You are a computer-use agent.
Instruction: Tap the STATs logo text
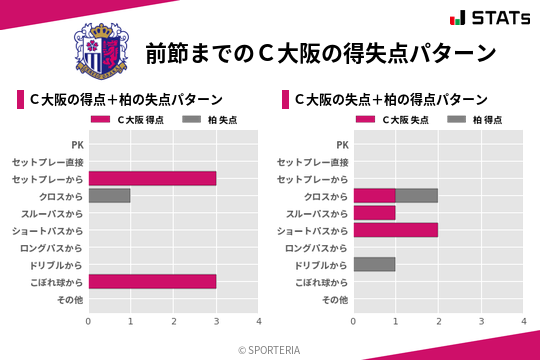[497, 18]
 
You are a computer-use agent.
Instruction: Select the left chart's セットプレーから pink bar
[152, 178]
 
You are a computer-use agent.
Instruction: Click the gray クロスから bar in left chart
[109, 196]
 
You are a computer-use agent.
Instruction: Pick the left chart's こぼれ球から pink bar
[152, 282]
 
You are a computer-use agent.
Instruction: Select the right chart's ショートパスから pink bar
[396, 230]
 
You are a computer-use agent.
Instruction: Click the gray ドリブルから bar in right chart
[375, 265]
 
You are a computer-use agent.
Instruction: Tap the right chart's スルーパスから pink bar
[375, 213]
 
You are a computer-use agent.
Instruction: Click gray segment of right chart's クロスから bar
[417, 196]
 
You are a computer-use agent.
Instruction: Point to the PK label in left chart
[77, 144]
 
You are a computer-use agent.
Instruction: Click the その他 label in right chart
[335, 300]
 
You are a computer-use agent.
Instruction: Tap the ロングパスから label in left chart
[55, 248]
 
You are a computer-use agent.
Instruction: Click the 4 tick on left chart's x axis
[259, 322]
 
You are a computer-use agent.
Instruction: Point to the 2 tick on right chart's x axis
[439, 322]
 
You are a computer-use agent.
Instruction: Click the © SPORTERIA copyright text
[270, 349]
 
